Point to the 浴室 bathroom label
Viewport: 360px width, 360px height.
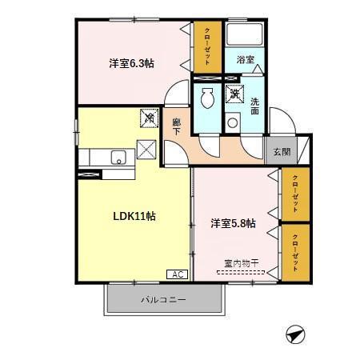245,60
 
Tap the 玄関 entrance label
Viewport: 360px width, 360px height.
282,152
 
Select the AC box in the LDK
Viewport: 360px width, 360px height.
177,274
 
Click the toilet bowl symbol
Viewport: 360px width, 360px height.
207,99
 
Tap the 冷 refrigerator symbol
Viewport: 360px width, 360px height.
149,118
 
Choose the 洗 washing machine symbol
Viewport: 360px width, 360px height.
234,94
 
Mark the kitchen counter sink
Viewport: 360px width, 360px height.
117,156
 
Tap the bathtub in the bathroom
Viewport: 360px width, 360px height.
245,36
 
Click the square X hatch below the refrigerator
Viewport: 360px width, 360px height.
147,149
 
